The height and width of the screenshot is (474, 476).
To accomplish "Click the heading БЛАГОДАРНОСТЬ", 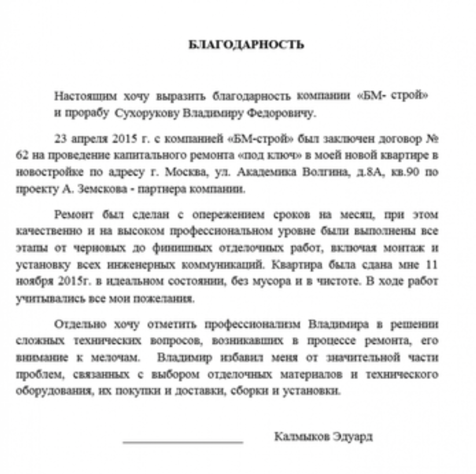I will click(246, 45).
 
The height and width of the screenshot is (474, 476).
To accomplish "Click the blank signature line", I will click(183, 442).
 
